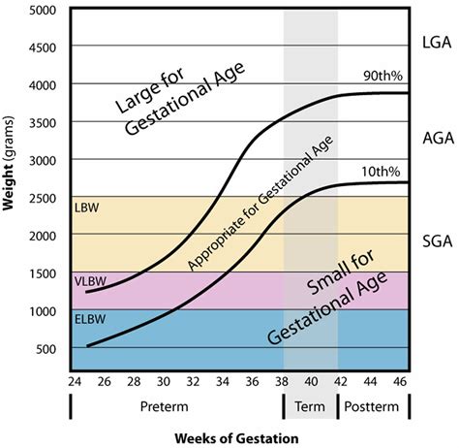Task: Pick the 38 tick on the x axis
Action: [x=283, y=382]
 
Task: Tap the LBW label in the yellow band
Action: [x=85, y=208]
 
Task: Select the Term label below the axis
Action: [x=310, y=406]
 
